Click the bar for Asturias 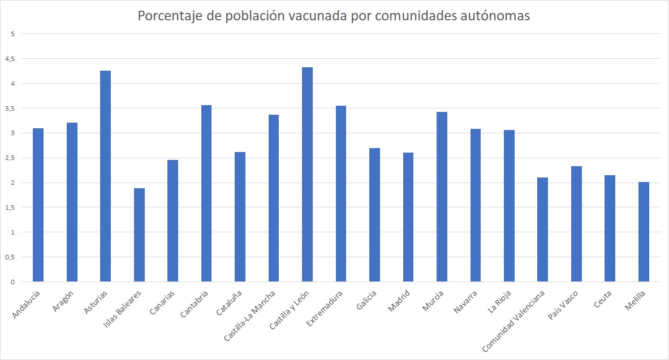105,176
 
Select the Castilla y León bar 307,175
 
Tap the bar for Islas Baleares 139,235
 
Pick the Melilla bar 644,232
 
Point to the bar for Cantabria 206,193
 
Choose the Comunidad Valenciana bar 542,229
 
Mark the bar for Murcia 442,197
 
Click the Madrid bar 408,217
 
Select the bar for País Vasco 576,224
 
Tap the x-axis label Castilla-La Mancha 251,314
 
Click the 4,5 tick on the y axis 10,59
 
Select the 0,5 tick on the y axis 10,257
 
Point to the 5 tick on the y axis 12,34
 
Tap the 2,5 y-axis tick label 10,158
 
